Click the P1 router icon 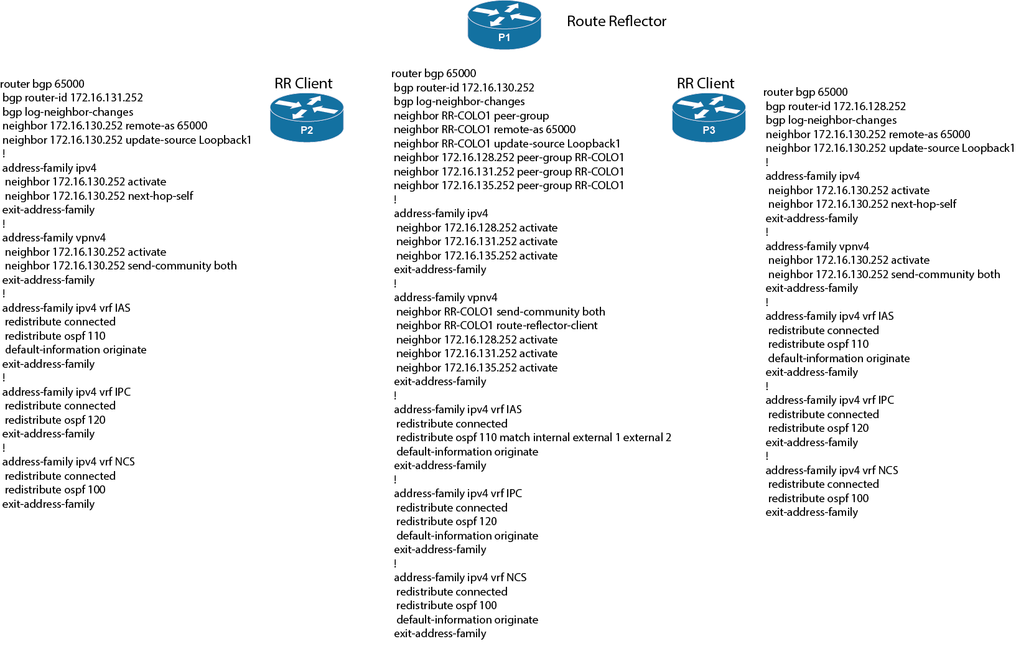504,25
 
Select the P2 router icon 307,118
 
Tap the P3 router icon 709,118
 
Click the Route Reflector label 617,21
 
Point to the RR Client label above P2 304,83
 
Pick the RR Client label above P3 706,83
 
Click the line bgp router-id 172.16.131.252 73,98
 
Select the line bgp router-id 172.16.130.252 464,87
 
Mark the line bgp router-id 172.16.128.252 836,106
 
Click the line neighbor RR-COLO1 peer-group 471,116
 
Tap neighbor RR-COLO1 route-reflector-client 496,325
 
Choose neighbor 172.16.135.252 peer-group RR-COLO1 509,185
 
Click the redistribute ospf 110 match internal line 533,437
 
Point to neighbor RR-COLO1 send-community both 500,312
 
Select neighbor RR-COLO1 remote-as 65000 485,129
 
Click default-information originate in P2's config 76,350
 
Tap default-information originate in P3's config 839,358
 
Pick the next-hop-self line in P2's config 99,196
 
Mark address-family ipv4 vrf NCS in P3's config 832,470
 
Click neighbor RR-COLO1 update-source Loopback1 507,143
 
